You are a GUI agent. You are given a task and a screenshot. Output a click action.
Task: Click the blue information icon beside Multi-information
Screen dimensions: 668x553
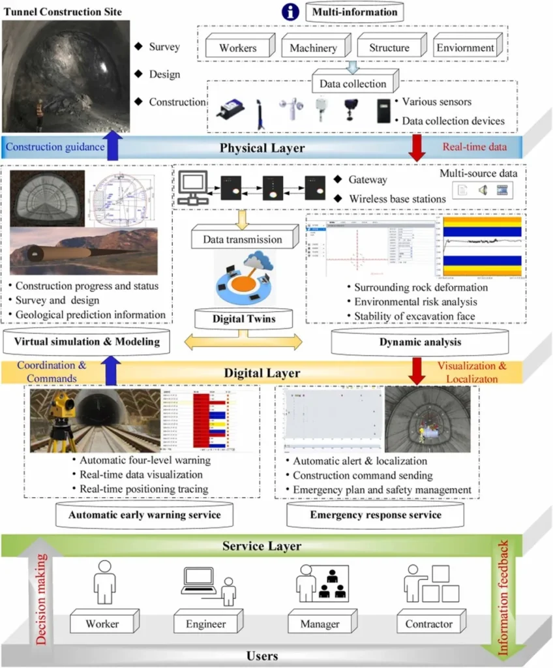[x=290, y=12]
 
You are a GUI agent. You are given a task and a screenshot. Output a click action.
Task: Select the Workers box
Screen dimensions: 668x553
[x=238, y=48]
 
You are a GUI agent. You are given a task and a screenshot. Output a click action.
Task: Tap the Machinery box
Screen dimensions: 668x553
[x=314, y=48]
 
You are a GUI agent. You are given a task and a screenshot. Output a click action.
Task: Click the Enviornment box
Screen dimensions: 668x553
[x=466, y=48]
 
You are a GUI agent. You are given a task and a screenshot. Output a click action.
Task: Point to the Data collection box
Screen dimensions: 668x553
[x=353, y=83]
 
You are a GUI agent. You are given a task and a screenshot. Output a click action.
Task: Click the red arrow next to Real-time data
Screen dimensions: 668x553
[x=416, y=146]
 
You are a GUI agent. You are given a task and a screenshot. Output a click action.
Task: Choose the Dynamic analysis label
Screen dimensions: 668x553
[x=420, y=341]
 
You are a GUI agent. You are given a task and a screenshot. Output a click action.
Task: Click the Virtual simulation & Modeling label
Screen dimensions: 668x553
[x=87, y=341]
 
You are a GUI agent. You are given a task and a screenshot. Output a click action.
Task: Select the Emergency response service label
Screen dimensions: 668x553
[x=375, y=515]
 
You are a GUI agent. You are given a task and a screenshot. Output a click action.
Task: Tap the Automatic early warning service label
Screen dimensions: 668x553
[x=145, y=515]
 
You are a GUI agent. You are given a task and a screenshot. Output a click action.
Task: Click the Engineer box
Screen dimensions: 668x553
[x=205, y=624]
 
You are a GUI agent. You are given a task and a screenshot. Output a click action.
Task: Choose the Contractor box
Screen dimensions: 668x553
[x=428, y=624]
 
